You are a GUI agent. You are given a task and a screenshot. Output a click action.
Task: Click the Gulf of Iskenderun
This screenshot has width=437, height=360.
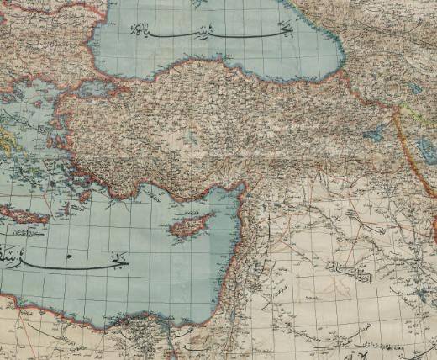tap(236, 192)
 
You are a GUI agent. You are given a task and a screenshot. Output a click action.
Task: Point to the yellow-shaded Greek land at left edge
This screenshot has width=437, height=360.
tap(7, 135)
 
